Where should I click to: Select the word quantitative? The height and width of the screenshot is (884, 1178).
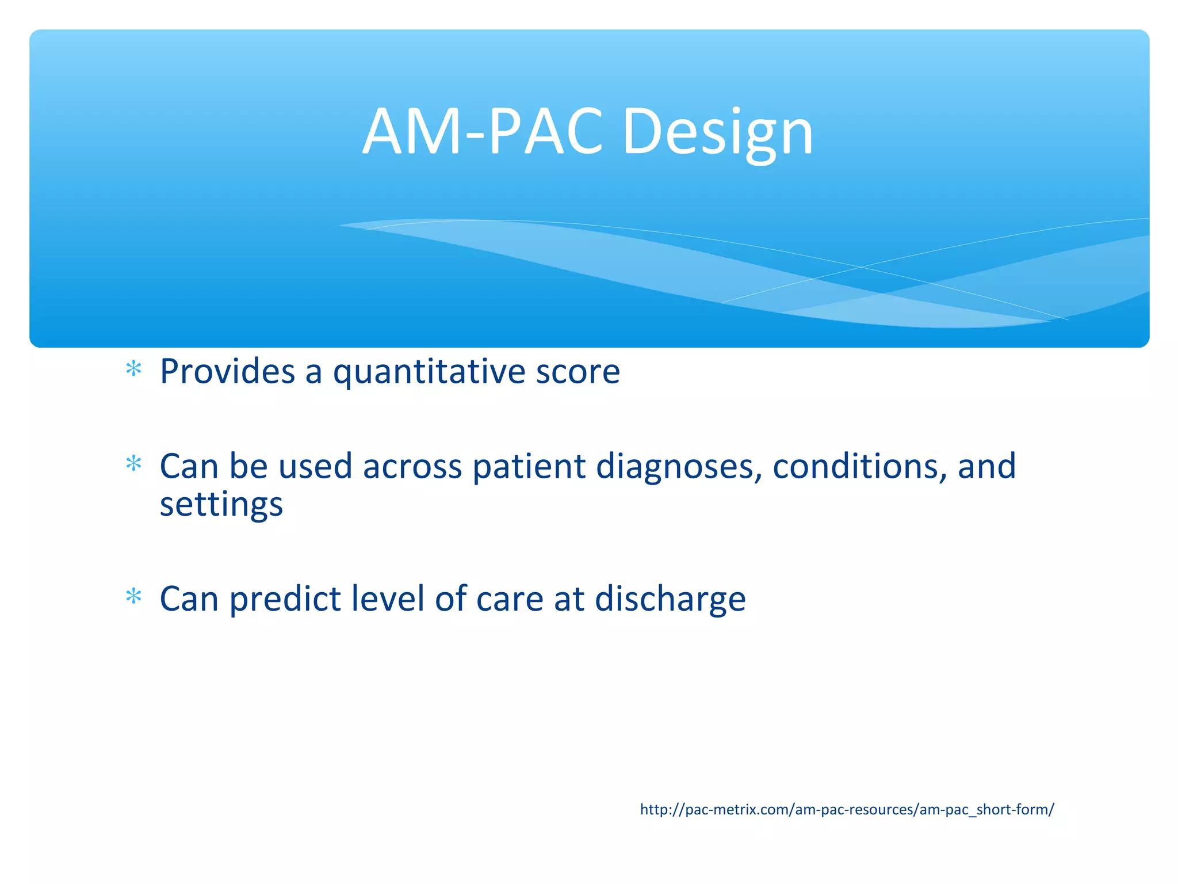(x=429, y=372)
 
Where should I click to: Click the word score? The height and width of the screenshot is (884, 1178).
(x=577, y=372)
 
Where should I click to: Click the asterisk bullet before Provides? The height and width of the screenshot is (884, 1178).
(x=133, y=369)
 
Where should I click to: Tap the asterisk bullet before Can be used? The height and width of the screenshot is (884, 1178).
(x=133, y=463)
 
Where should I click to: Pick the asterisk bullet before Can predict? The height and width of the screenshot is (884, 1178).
(x=133, y=596)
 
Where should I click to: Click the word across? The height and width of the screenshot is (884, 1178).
(x=412, y=466)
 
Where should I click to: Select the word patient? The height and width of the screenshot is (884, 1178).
(x=529, y=466)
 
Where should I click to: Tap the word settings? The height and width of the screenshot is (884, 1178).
(x=221, y=505)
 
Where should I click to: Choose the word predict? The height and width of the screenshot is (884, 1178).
(x=285, y=599)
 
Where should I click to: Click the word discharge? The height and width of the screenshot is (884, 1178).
(x=670, y=599)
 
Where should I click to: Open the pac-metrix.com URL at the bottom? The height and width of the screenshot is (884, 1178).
(x=847, y=810)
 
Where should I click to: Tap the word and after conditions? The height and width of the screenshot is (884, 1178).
(x=986, y=466)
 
